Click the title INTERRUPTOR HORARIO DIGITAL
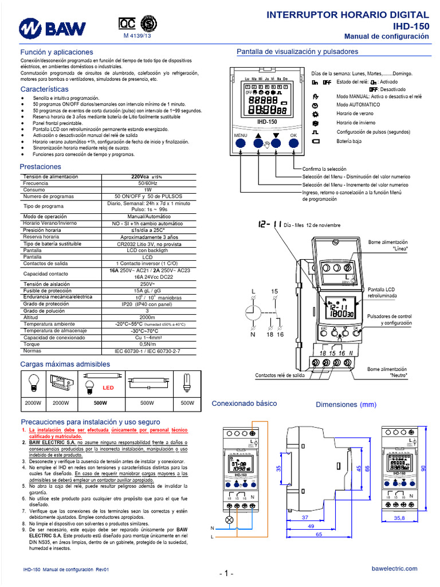tap(348, 15)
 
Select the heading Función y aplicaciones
tap(56, 52)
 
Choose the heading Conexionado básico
tap(245, 404)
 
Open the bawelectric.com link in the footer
tap(395, 568)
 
